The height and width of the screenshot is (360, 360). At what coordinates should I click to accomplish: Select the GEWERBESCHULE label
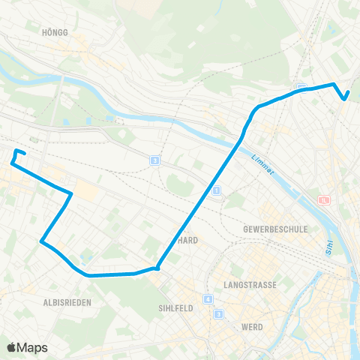275,229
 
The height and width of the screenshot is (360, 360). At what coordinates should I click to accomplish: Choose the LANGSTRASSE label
250,285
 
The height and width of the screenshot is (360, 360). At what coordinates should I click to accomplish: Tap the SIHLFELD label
177,307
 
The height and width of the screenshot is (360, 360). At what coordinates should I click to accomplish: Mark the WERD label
252,327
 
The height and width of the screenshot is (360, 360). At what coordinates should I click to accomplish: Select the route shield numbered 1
217,191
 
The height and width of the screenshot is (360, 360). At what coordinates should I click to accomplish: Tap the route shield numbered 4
208,300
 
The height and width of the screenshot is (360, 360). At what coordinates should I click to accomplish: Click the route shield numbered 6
324,200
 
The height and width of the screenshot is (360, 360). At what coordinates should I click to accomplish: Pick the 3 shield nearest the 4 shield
218,313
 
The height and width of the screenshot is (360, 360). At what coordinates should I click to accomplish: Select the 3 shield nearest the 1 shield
154,160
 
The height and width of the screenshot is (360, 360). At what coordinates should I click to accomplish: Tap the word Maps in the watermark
33,348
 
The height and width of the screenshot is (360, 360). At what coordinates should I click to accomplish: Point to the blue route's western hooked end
13,160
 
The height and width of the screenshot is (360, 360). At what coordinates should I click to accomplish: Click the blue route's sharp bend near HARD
157,267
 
